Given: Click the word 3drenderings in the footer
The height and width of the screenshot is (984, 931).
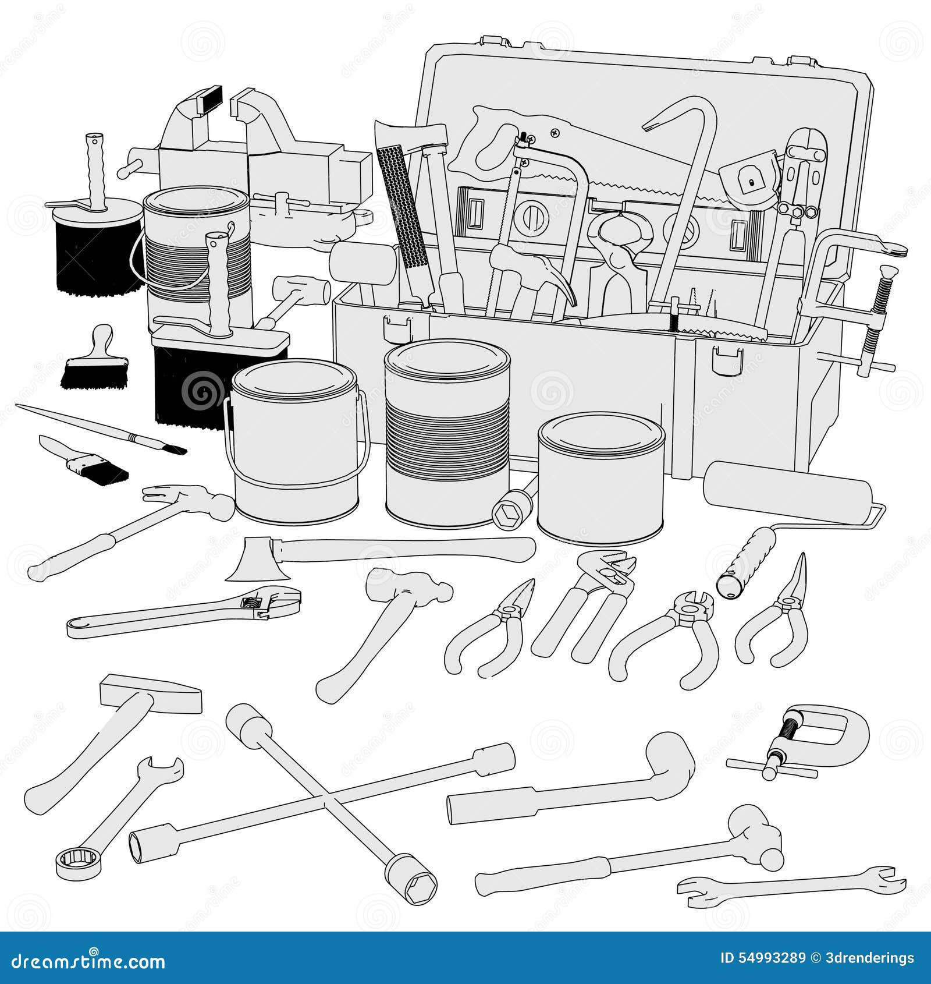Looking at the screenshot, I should click(x=870, y=958).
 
